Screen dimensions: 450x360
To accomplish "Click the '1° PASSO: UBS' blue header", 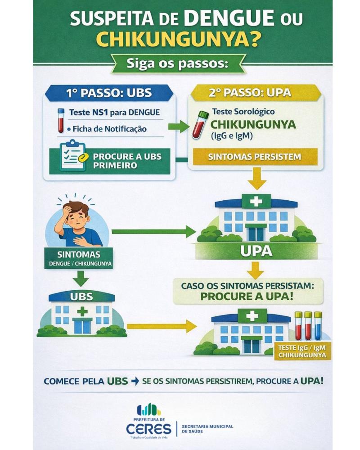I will click(108, 93).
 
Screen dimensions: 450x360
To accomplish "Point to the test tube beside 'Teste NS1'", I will click(61, 120).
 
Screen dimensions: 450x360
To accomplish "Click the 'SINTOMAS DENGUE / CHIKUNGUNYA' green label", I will click(79, 258).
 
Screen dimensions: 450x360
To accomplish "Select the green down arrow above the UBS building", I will click(81, 279).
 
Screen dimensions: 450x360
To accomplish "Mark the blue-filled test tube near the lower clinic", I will click(318, 328).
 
